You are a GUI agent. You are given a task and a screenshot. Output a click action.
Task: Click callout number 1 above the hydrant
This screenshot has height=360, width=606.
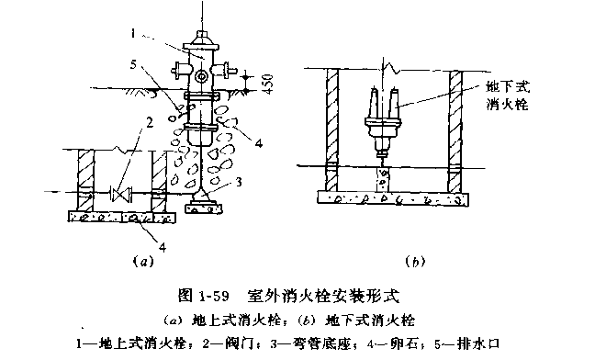tap(133, 34)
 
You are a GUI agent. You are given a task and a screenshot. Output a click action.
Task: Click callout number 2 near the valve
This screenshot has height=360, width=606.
tap(149, 122)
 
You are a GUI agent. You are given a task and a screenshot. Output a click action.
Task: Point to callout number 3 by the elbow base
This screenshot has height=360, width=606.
tap(239, 181)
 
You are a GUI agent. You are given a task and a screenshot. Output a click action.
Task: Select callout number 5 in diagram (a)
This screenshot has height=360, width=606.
tap(134, 64)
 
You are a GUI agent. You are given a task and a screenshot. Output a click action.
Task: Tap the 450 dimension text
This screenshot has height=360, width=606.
tap(267, 84)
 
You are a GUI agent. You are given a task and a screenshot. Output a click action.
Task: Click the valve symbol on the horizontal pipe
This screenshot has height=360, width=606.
tap(121, 193)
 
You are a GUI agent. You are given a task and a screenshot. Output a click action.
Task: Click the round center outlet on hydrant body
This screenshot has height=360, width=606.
tap(201, 76)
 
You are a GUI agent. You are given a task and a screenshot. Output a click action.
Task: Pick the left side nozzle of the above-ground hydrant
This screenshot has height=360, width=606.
tap(180, 70)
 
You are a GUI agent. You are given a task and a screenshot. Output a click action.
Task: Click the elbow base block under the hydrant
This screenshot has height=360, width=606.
tap(203, 205)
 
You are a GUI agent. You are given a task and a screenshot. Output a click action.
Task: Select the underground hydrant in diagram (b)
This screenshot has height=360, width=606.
tap(384, 120)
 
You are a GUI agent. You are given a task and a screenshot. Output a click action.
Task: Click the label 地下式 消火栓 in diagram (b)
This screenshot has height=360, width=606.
tap(508, 96)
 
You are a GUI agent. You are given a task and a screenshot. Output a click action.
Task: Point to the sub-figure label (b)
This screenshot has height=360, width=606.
tap(415, 262)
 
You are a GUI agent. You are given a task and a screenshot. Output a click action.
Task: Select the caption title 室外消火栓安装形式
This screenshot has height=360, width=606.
tap(323, 296)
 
